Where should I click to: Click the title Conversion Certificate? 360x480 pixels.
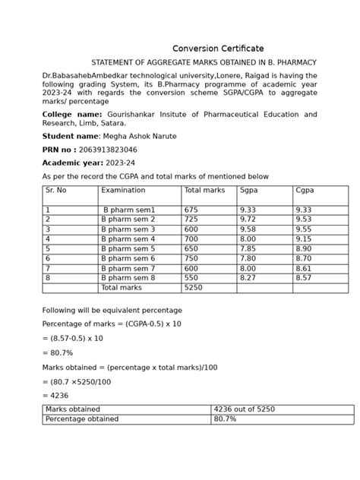[218, 49]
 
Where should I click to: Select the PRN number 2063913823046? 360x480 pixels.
[108, 150]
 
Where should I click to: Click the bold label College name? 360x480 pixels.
[72, 114]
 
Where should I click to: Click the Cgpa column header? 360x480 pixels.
[305, 191]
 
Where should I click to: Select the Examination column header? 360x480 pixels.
[123, 191]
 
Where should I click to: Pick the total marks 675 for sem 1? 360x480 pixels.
[191, 210]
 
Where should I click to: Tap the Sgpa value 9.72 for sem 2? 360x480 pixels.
[248, 219]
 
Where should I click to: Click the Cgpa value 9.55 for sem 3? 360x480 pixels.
[305, 229]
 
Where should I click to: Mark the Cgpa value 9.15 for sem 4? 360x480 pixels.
[305, 238]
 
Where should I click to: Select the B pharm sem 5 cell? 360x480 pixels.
[128, 248]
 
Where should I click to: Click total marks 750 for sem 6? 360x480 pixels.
[191, 258]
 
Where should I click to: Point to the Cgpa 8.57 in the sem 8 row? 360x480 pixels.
[305, 278]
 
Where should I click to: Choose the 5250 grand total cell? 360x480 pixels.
[194, 288]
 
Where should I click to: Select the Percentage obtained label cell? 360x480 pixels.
[82, 418]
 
